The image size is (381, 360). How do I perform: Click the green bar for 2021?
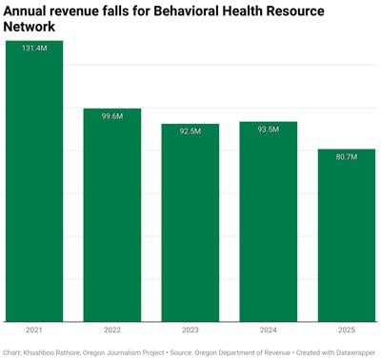[34, 181]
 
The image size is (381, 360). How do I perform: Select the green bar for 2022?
[112, 214]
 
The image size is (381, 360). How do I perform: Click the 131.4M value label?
[34, 49]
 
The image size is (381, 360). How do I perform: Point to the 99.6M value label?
[112, 116]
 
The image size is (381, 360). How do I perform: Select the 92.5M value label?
[190, 131]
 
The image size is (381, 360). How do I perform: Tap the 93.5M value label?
[269, 130]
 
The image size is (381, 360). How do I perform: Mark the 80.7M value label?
[347, 156]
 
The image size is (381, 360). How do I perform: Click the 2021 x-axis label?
[34, 330]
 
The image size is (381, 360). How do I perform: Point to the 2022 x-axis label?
[112, 330]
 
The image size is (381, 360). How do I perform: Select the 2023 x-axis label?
[190, 330]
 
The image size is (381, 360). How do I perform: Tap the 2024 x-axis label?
[269, 330]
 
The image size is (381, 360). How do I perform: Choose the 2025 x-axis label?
[347, 330]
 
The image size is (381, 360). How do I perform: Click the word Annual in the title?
[30, 11]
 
